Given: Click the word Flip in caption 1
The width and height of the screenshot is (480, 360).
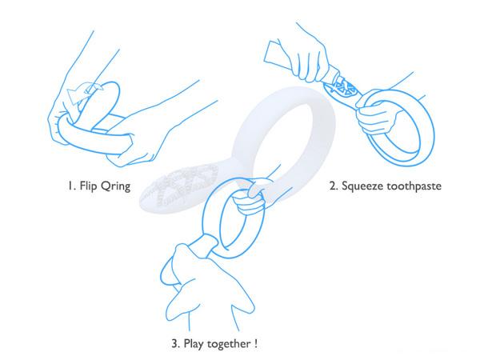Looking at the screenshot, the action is (88, 186).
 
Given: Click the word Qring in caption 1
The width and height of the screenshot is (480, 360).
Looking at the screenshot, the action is (115, 186).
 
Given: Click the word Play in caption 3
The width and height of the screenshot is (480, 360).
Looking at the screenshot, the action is (194, 344).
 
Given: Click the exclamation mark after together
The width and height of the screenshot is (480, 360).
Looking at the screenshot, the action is (255, 343).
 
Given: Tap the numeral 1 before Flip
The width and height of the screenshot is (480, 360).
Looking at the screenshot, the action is (70, 186).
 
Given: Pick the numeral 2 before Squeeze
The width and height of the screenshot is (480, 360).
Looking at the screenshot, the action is (334, 186).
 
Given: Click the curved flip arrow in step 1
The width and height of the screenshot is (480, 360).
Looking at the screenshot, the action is (83, 94).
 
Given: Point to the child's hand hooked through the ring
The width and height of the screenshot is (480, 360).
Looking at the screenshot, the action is (250, 196).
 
